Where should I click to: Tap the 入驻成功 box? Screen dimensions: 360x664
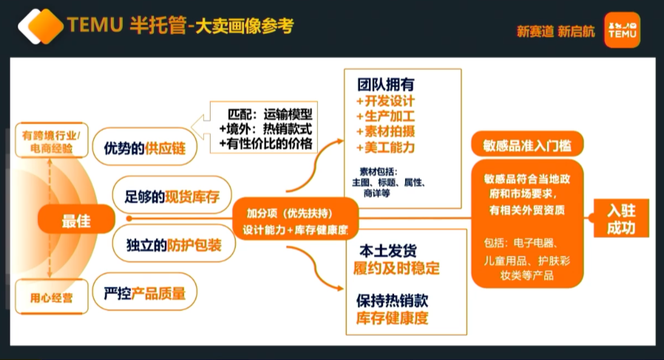[x=621, y=219]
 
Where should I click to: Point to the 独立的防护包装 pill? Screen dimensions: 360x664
[x=169, y=244]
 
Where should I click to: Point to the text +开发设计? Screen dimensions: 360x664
[x=385, y=101]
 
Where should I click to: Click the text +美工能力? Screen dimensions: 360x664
[x=385, y=147]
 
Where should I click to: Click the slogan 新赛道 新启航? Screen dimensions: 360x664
[x=555, y=31]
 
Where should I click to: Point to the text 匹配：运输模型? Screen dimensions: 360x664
[x=270, y=115]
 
